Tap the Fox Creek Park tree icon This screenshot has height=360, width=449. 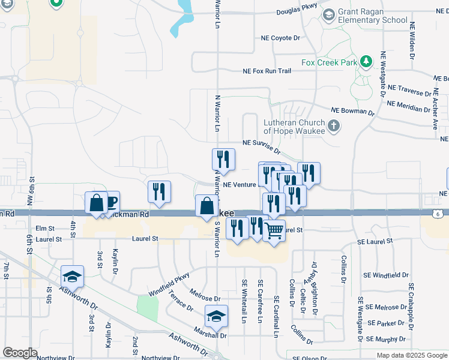pos(365,61)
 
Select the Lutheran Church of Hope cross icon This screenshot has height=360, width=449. pos(334,126)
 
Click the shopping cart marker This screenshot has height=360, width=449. pos(274,230)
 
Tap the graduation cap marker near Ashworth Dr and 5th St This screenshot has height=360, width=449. pos(72,276)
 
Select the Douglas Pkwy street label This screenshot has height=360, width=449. pos(296,12)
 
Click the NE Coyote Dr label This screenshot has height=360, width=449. pos(280,38)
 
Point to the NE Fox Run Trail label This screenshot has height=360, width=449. pos(267,71)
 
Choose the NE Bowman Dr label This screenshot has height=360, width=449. pos(353,112)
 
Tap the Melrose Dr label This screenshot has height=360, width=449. pos(205,298)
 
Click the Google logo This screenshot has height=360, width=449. pos(20,353)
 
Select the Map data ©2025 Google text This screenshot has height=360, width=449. pos(412,355)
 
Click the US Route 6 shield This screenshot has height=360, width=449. pos(439,213)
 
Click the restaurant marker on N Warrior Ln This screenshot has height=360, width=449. pos(223,160)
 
